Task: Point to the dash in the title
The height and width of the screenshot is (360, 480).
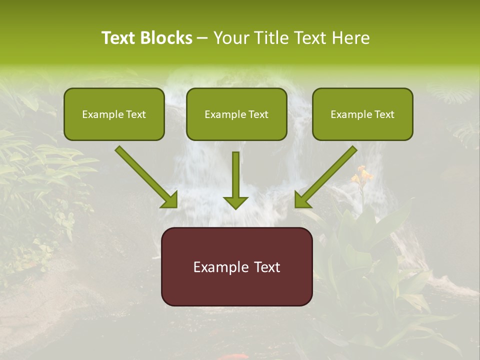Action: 203,38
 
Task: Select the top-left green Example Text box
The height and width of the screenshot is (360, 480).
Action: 114,114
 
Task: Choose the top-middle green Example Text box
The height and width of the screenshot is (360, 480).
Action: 236,114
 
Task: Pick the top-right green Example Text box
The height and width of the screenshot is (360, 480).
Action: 362,114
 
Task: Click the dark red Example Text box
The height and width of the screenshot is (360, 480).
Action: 236,266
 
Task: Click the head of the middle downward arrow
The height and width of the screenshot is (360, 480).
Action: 235,202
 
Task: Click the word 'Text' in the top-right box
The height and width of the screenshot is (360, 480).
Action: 384,114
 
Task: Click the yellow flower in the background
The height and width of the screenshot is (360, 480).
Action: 363,176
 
